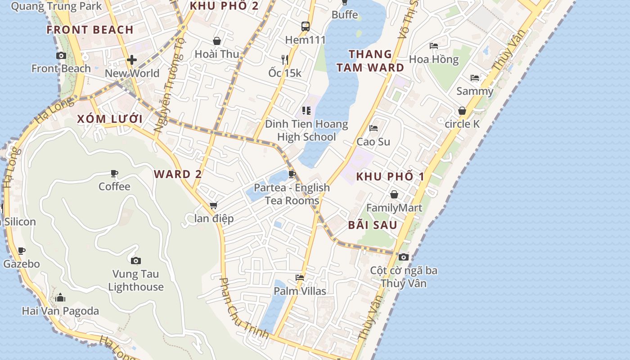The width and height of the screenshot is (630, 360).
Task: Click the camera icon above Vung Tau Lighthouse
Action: (136, 261)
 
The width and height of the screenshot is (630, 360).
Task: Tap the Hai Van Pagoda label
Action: (60, 311)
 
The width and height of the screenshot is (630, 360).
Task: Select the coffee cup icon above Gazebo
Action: (22, 251)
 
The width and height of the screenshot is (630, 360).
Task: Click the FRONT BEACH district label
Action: (90, 30)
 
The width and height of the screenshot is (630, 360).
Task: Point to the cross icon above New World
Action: (132, 59)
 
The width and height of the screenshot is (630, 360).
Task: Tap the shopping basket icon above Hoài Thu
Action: (217, 41)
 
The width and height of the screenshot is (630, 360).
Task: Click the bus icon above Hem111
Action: (306, 26)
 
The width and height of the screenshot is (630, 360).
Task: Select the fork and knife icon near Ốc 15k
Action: (285, 59)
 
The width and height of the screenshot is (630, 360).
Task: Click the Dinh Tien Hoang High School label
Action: (306, 130)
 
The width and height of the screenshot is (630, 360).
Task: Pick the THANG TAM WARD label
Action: (370, 61)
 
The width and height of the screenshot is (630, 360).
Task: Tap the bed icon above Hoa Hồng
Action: (434, 46)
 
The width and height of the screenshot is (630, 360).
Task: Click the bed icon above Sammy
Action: (475, 78)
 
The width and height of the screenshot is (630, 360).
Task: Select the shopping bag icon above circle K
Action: (462, 111)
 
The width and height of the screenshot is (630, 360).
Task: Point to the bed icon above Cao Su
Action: (373, 128)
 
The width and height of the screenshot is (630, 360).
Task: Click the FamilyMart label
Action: (394, 208)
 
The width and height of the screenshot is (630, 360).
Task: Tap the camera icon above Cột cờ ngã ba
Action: (404, 257)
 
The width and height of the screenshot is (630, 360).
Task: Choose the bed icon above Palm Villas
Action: (300, 278)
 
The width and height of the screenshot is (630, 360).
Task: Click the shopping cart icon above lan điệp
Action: (214, 206)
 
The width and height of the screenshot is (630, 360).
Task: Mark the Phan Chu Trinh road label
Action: (243, 309)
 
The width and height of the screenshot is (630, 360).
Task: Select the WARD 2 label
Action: (178, 175)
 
